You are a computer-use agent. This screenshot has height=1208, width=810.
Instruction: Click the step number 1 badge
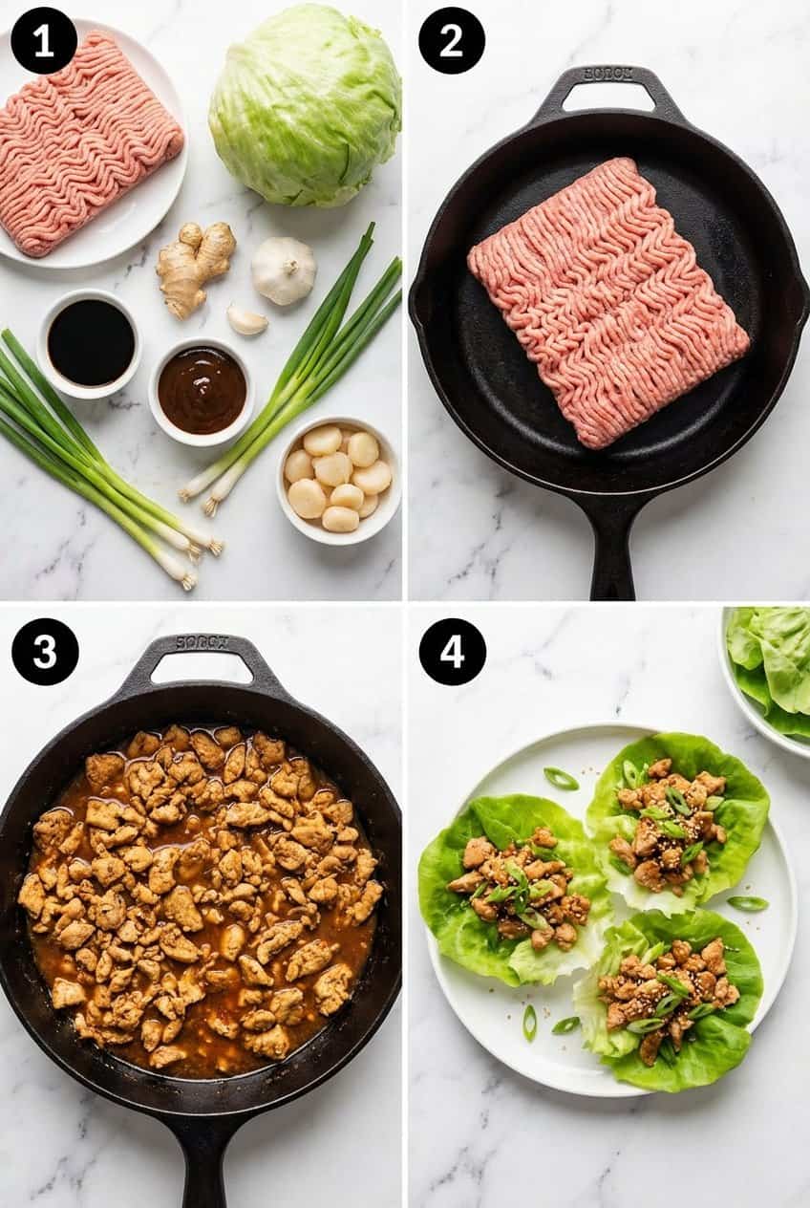tap(44, 40)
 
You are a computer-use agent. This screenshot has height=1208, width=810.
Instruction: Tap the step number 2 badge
tap(452, 40)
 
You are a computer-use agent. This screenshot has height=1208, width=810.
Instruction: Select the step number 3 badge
tap(44, 651)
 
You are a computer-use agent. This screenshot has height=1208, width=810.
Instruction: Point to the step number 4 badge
tap(452, 651)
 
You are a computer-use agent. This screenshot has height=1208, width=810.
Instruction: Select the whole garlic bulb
tap(284, 270)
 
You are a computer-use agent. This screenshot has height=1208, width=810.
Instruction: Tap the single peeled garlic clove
tap(247, 320)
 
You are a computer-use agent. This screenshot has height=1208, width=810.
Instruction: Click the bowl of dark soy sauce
tap(91, 343)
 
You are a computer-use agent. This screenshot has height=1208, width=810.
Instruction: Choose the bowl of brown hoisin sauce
tap(202, 390)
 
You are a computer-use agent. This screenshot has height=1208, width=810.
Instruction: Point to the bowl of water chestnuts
tap(338, 478)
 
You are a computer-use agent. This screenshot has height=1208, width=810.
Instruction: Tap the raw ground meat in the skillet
tap(607, 302)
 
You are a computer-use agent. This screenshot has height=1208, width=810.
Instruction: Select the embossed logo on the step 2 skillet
tap(607, 74)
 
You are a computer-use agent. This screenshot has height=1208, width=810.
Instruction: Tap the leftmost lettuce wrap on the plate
tap(516, 889)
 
